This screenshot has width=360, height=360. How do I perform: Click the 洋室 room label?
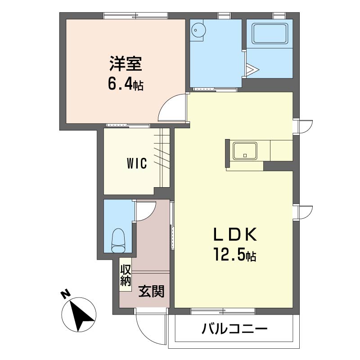126,63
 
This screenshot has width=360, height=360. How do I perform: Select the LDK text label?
235,234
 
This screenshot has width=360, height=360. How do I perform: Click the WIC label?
137,163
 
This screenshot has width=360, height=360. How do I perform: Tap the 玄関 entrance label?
151,291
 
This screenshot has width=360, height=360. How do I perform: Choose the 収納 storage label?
126,275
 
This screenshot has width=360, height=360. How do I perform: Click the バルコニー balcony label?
234,329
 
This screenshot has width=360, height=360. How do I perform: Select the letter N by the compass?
65,294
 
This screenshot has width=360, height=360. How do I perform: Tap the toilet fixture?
118,240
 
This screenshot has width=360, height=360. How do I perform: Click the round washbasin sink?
198,30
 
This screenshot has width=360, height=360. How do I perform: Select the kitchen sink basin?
245,151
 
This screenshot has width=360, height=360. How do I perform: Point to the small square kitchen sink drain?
245,155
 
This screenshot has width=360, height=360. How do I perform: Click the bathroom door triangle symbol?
252,69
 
